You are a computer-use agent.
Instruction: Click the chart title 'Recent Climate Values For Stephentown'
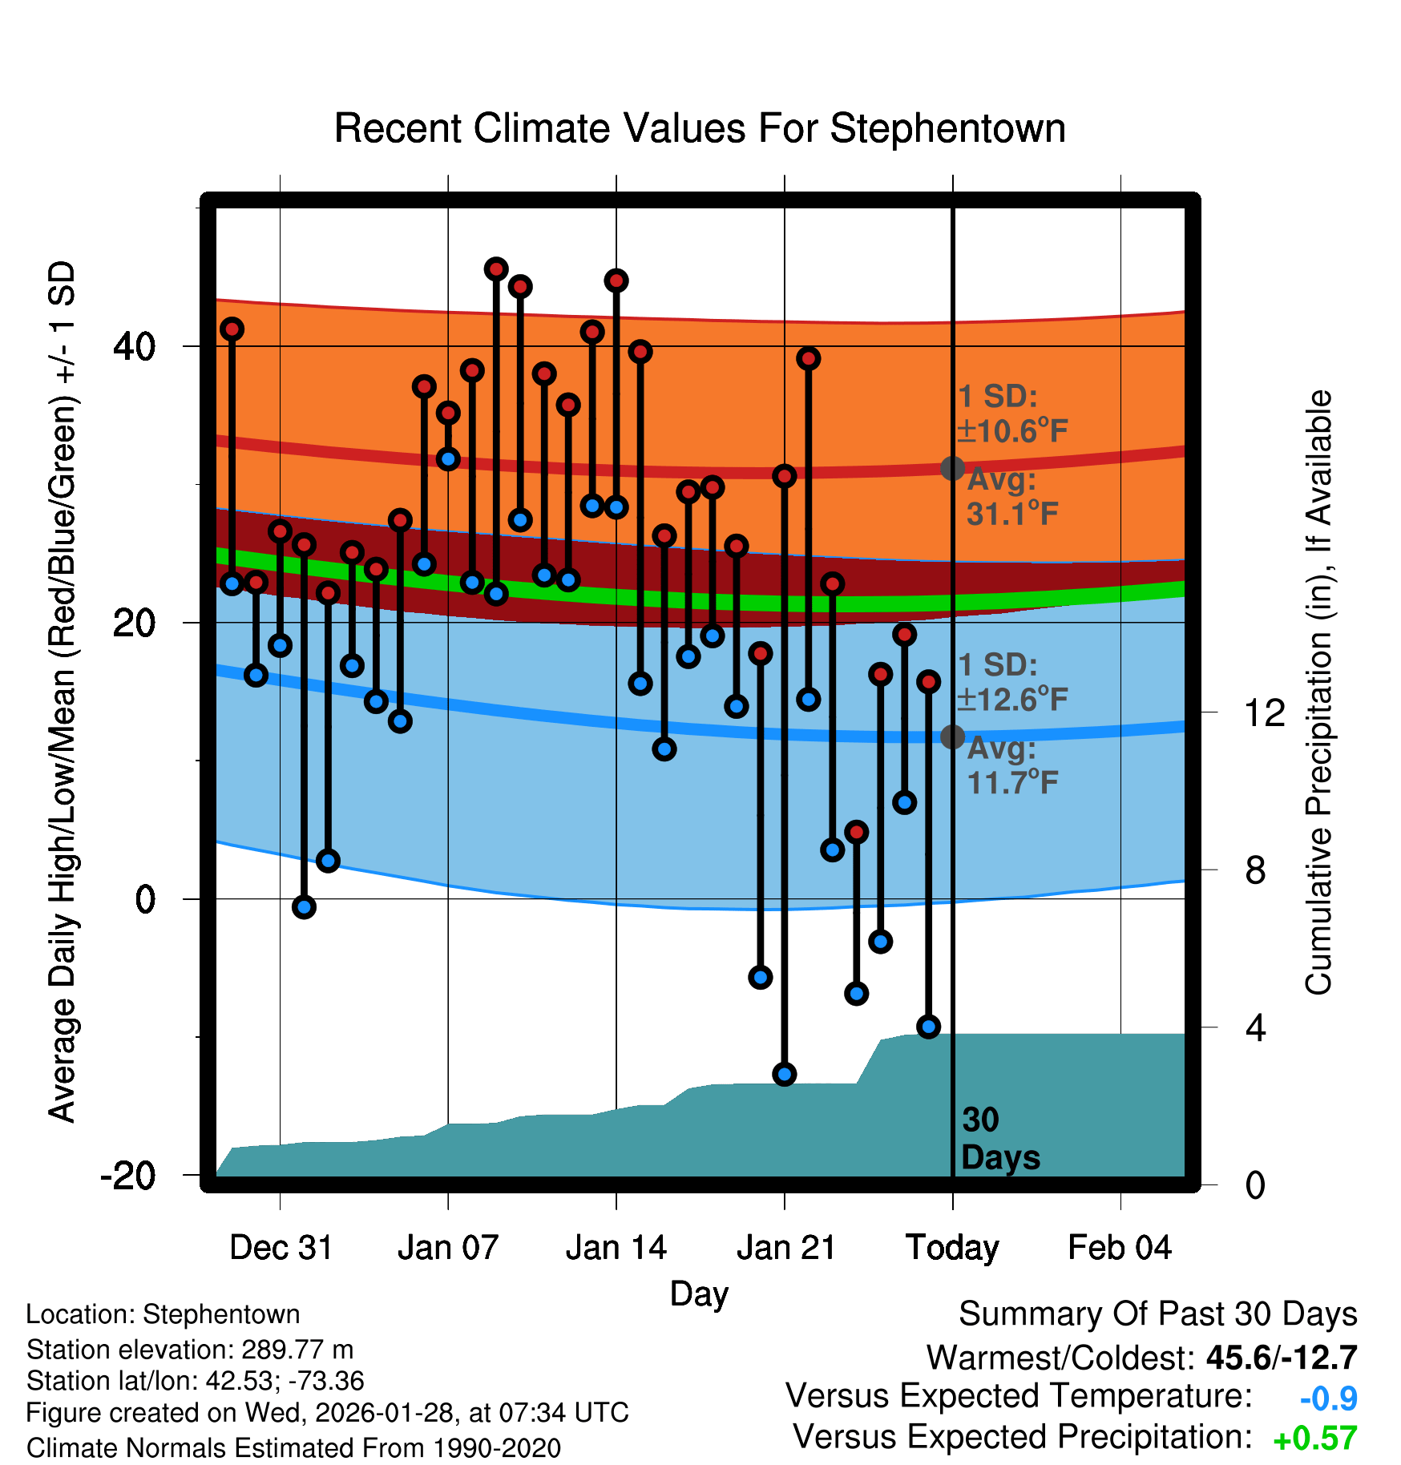point(700,128)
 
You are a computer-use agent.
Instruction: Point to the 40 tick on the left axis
point(134,346)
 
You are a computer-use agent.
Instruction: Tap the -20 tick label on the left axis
point(128,1176)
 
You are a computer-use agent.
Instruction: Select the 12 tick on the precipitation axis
point(1264,712)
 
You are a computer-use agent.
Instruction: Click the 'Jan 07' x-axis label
point(448,1248)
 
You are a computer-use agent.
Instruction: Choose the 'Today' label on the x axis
point(952,1248)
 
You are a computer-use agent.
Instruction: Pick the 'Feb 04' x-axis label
point(1120,1248)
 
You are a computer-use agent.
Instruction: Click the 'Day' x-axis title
point(699,1293)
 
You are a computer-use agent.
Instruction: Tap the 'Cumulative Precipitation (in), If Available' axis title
point(1318,692)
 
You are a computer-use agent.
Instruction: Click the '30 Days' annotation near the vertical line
point(999,1139)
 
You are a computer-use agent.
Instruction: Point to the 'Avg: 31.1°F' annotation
point(1011,497)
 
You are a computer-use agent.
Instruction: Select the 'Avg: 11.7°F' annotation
point(1011,765)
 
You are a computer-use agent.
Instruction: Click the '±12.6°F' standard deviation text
point(1013,700)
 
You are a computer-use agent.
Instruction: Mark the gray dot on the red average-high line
point(952,468)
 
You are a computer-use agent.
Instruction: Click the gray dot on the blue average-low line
point(952,737)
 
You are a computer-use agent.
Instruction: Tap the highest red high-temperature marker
point(496,269)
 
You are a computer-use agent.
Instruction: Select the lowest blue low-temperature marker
point(785,1075)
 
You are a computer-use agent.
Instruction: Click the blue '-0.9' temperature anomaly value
point(1328,1398)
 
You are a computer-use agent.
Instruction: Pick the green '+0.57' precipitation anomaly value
point(1314,1439)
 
